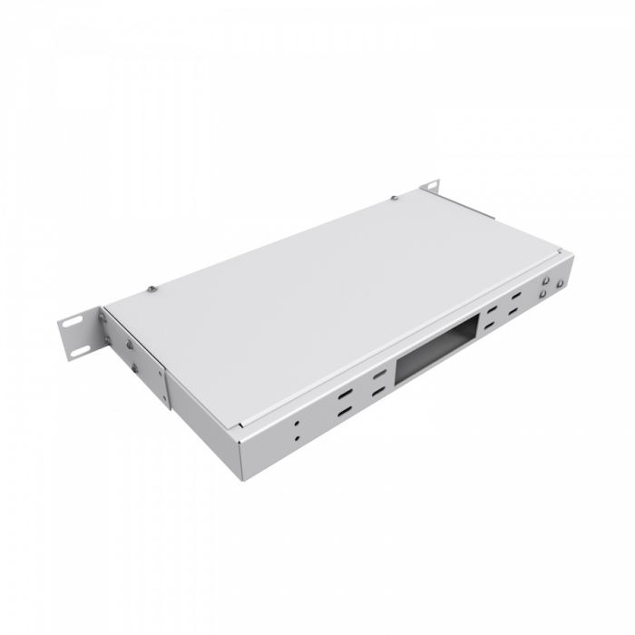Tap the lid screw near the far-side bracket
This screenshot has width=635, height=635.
394,197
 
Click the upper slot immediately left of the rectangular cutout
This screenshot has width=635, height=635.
374,375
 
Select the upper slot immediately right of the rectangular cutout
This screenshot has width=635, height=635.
491,312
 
